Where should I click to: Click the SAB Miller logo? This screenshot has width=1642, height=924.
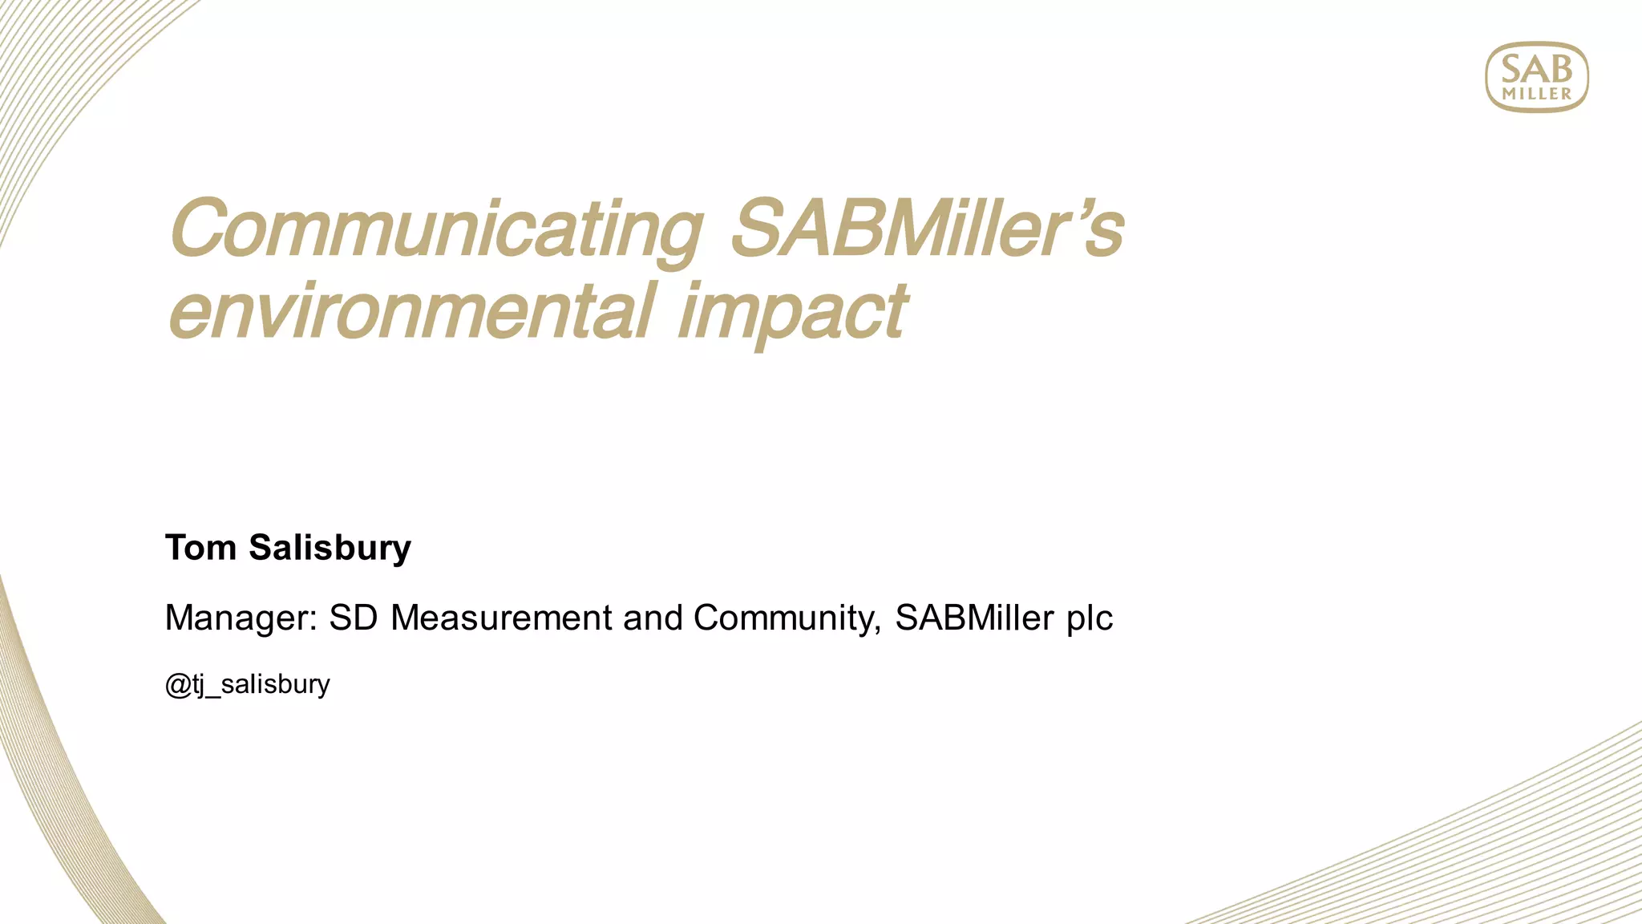pos(1536,77)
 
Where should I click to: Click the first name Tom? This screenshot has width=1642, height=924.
pos(200,548)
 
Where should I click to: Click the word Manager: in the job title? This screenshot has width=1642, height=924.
pos(241,618)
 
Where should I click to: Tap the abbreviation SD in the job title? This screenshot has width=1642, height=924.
pos(353,618)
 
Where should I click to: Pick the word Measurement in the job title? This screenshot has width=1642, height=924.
pos(501,618)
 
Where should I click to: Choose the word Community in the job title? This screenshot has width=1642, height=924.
pos(783,618)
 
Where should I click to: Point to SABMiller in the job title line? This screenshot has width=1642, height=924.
pos(974,618)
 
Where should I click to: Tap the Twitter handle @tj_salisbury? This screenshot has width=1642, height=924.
pos(247,684)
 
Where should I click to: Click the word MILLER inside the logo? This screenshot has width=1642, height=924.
pos(1537,94)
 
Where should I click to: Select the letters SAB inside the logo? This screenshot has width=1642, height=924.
pos(1536,69)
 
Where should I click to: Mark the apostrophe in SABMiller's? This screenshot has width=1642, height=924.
pos(1076,210)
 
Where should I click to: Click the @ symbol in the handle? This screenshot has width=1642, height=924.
pos(176,685)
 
